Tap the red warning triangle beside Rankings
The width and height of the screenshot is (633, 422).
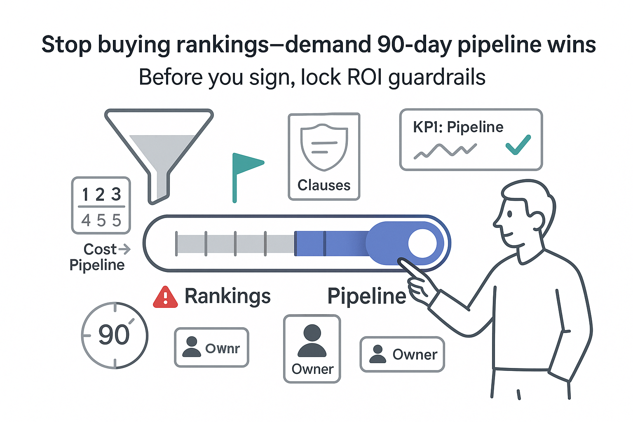pyautogui.click(x=165, y=298)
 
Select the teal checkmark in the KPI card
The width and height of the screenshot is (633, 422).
pyautogui.click(x=518, y=145)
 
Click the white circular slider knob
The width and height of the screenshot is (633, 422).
pyautogui.click(x=422, y=243)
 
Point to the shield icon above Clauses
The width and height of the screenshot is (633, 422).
pyautogui.click(x=324, y=146)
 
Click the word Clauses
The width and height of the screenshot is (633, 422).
pyautogui.click(x=324, y=185)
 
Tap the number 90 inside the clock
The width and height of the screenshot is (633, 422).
pyautogui.click(x=114, y=335)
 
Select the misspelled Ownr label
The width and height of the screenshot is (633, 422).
pyautogui.click(x=223, y=349)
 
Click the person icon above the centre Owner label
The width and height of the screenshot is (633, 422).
pyautogui.click(x=312, y=340)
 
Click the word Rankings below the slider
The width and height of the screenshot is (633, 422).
pyautogui.click(x=227, y=296)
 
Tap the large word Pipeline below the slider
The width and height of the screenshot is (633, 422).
pyautogui.click(x=366, y=296)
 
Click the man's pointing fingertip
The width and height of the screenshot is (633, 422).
pyautogui.click(x=401, y=261)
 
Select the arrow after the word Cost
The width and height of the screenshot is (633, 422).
pyautogui.click(x=124, y=249)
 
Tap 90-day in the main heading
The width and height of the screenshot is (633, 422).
pyautogui.click(x=415, y=45)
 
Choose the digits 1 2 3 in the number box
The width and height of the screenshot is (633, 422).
pyautogui.click(x=101, y=194)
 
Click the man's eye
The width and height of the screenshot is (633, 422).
pyautogui.click(x=510, y=214)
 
